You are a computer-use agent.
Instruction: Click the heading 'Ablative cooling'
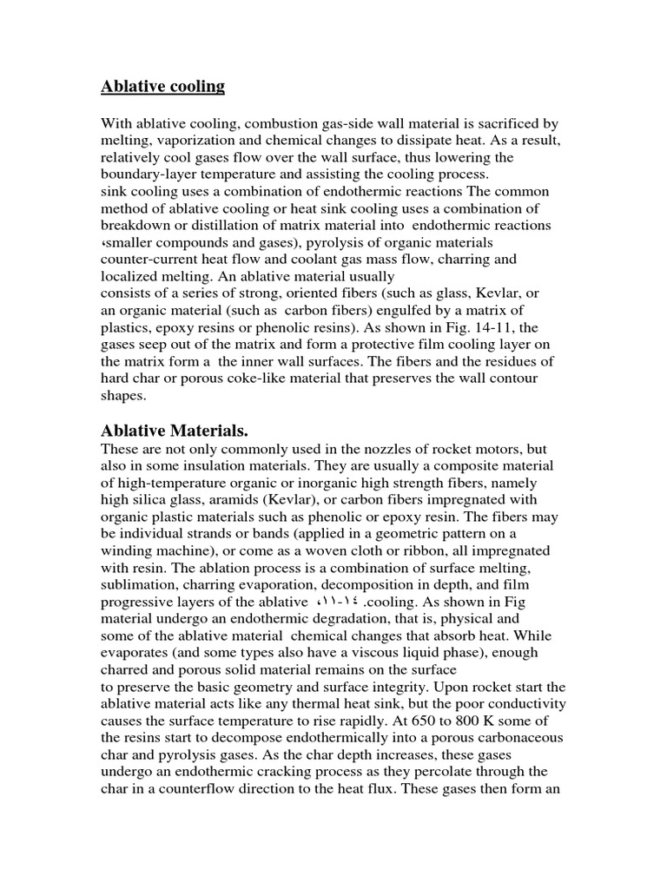tap(162, 86)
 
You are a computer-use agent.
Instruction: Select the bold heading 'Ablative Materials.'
tap(175, 431)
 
